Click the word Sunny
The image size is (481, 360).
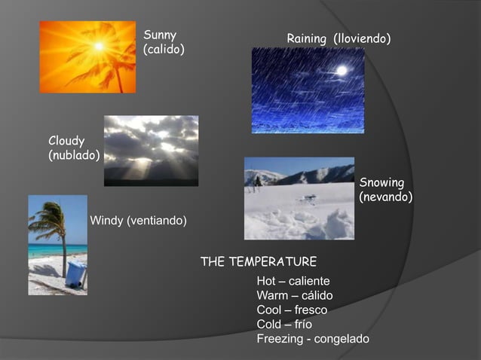click(x=160, y=35)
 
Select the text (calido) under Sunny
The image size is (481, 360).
click(x=164, y=49)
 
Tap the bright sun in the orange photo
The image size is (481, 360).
click(x=98, y=47)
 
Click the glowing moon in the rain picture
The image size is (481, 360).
click(x=342, y=70)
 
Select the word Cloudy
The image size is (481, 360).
click(x=66, y=141)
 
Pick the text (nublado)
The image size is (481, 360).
click(x=74, y=155)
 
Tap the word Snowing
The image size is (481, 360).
click(x=381, y=182)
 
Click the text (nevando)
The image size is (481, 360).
click(x=385, y=197)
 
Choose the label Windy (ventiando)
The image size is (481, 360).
click(x=138, y=220)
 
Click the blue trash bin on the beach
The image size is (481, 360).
click(x=75, y=273)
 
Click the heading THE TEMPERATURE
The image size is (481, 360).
click(x=258, y=261)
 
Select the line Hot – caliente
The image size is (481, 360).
click(x=293, y=281)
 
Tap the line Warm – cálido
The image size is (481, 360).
click(x=294, y=295)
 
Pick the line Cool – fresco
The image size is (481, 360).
click(x=291, y=310)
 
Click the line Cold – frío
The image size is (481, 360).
click(x=284, y=324)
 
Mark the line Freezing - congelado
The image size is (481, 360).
click(x=313, y=339)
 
